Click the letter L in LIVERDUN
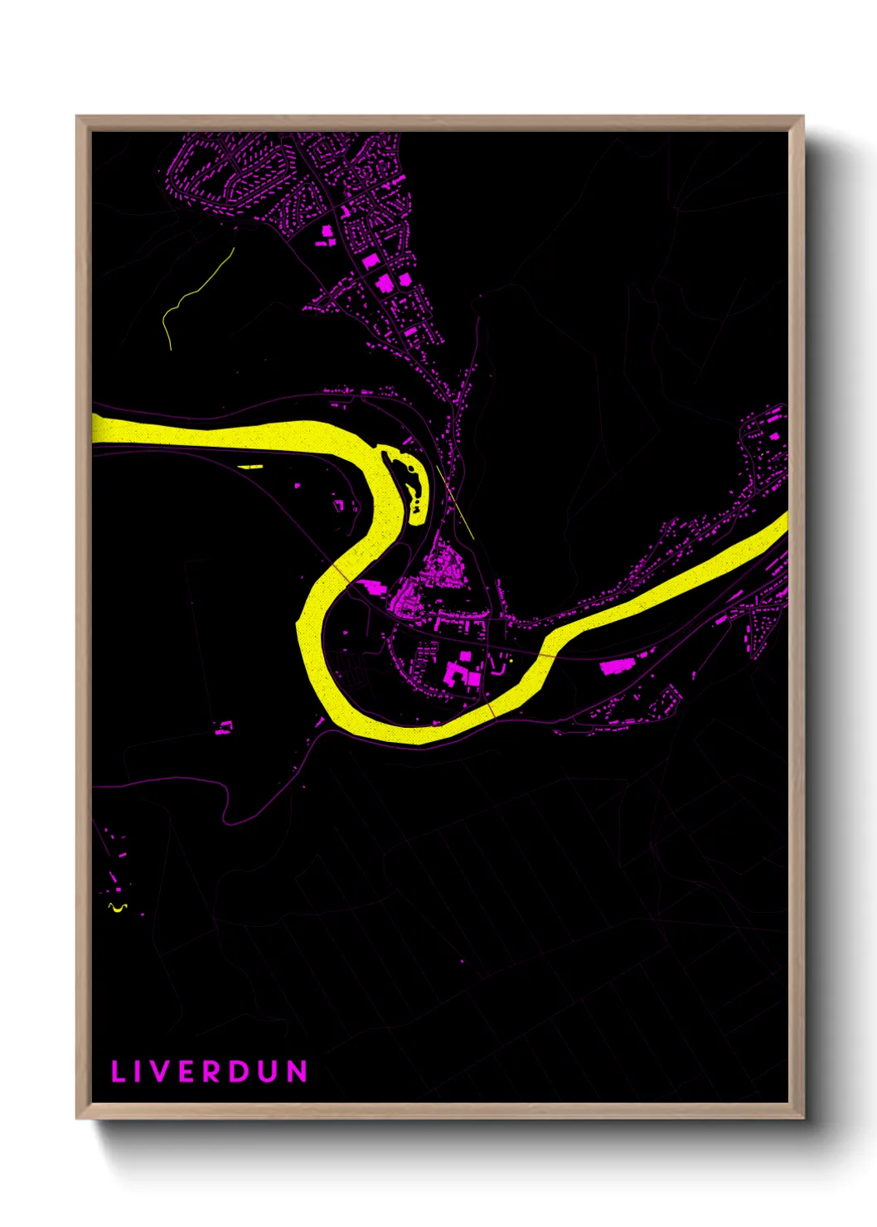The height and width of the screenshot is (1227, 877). [x=119, y=1071]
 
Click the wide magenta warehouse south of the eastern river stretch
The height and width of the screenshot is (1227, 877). [x=614, y=665]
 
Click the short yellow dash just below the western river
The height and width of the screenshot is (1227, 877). [x=250, y=467]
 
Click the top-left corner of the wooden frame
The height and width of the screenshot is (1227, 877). [x=78, y=118]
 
